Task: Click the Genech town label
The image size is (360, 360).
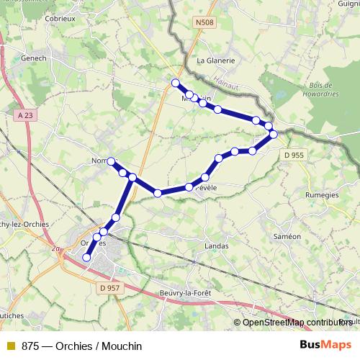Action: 34,59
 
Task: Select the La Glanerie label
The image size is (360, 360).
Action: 215,61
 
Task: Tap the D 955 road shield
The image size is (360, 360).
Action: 294,154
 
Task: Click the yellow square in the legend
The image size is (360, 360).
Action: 10,346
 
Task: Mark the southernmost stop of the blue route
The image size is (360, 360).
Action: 87,257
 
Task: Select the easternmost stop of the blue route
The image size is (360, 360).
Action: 274,134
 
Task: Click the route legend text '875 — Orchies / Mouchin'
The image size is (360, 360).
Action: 81,346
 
